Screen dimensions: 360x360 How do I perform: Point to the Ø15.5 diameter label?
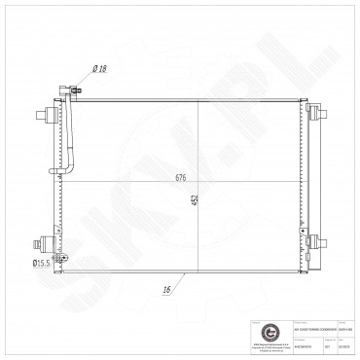(x=42, y=263)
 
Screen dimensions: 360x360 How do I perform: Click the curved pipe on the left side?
(x=70, y=146)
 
